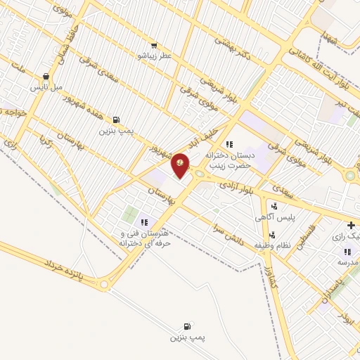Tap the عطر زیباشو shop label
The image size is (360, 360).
pos(154,54)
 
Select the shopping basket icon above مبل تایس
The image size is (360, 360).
pos(46,77)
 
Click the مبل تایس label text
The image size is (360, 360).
pos(44,88)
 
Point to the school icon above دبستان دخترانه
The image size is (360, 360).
pos(229,143)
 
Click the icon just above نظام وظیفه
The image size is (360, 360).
pos(273,234)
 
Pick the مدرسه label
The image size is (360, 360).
pos(347,262)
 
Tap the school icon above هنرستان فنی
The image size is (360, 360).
pos(144,222)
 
